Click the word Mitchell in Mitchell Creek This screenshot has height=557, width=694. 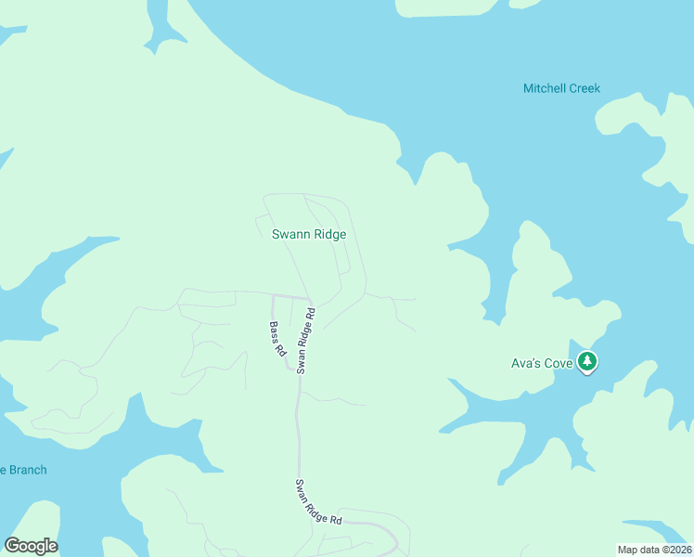tap(544, 89)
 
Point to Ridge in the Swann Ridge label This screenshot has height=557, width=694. tap(329, 235)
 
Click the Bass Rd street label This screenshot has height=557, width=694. tap(276, 340)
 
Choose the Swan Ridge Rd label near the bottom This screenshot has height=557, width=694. tap(318, 503)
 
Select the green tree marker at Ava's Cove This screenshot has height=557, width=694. tap(586, 362)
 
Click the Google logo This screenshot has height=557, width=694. tap(32, 546)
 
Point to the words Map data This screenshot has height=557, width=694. tap(639, 549)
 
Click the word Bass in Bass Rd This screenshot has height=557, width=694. tap(274, 333)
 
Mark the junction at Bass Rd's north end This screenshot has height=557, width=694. tap(272, 296)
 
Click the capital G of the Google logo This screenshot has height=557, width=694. tap(13, 546)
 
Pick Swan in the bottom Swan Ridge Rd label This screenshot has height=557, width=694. tap(303, 488)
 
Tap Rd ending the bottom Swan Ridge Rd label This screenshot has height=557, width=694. tap(335, 521)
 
